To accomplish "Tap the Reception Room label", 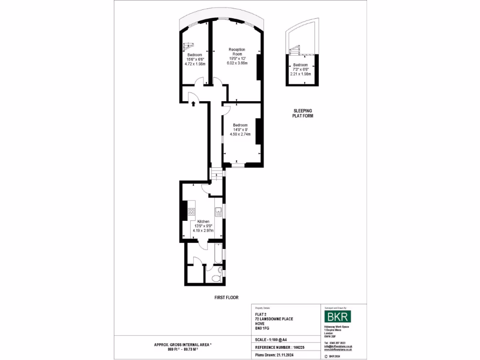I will coord(237,52).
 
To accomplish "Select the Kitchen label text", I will coord(203,221).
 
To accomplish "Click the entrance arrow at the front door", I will coord(193,104).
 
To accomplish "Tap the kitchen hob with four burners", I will coord(191,211).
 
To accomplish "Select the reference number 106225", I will coord(299,347).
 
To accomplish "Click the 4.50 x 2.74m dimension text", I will coord(240,134).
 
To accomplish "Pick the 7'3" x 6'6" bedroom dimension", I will coord(300,69).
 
